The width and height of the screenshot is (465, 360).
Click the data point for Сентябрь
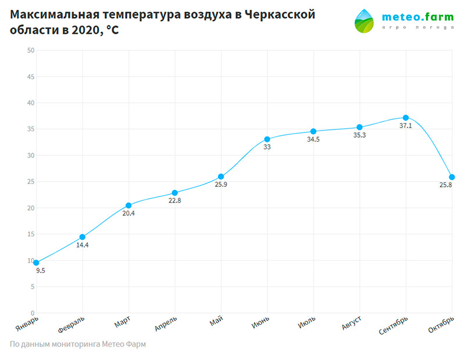tap(406, 118)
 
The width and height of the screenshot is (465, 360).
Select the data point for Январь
tap(36, 262)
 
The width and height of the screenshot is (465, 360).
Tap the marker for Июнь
tap(267, 139)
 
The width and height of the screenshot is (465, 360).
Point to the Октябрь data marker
tap(452, 177)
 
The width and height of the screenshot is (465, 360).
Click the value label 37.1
tap(406, 125)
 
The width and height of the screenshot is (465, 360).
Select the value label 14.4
tap(83, 245)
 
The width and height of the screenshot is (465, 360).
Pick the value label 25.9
tap(221, 185)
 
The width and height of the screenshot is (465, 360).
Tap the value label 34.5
tap(313, 139)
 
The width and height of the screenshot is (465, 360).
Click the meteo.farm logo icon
tap(365, 21)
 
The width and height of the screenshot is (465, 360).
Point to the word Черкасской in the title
tap(281, 15)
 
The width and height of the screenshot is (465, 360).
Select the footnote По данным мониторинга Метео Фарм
tap(78, 344)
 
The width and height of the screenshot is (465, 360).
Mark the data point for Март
tap(128, 206)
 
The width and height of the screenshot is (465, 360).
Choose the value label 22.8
tap(175, 201)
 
